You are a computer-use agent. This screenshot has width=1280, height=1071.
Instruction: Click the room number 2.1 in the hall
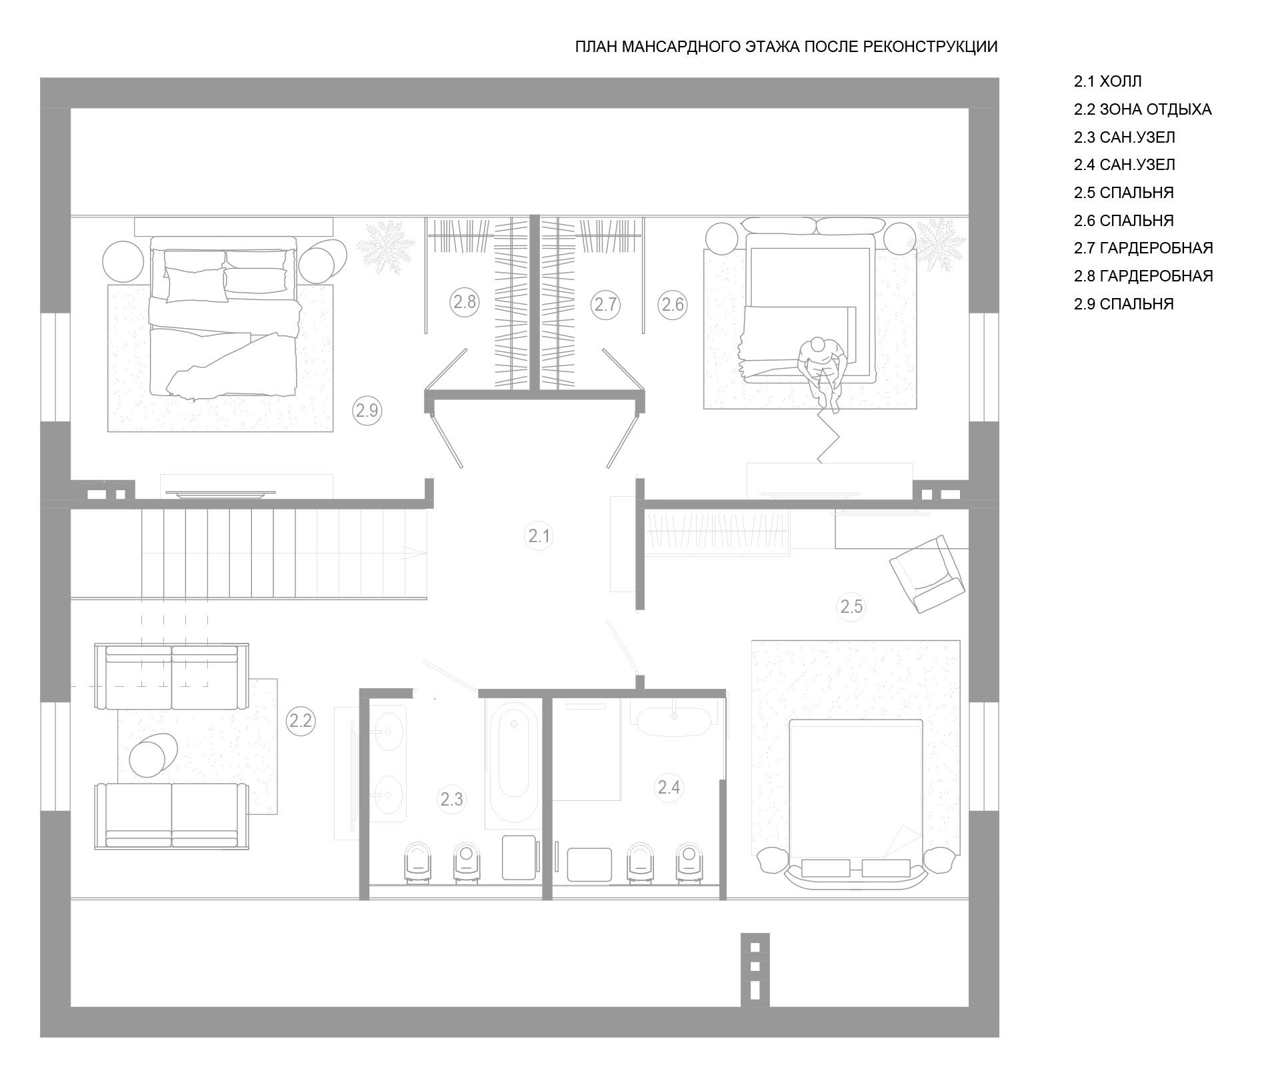[539, 535]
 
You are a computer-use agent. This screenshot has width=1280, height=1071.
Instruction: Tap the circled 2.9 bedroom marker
[367, 411]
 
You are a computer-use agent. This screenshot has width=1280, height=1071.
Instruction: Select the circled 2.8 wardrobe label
[464, 302]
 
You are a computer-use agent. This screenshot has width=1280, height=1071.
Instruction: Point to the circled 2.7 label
[605, 305]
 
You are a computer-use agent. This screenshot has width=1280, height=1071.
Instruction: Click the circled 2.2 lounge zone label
[301, 720]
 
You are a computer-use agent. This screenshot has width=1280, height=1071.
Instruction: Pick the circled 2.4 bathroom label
[669, 787]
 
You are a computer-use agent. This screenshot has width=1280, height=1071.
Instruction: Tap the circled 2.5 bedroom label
[851, 607]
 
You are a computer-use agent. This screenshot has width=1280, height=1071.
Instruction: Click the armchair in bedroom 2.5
[927, 574]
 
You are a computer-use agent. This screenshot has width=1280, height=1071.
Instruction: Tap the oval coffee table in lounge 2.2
[153, 754]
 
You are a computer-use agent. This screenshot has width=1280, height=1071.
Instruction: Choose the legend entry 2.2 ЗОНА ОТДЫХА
[1143, 109]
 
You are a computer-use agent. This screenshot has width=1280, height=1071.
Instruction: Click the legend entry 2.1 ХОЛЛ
[1107, 81]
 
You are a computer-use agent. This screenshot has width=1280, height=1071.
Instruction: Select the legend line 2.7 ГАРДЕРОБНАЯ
[1143, 248]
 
